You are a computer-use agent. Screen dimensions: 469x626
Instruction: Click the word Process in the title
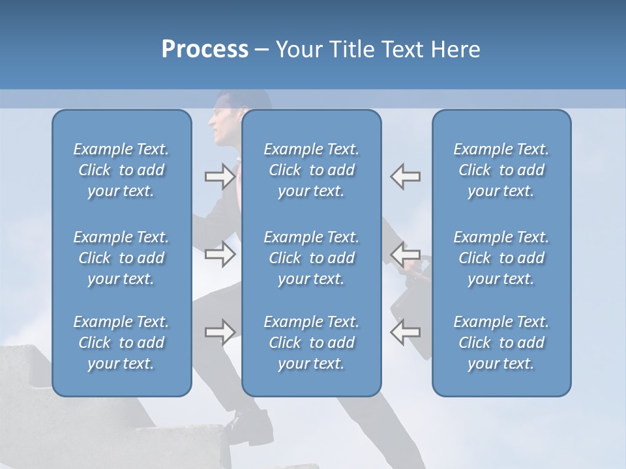[x=205, y=50]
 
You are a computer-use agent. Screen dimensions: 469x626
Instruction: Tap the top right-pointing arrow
[x=220, y=177]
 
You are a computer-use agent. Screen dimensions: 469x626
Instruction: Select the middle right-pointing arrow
[x=220, y=253]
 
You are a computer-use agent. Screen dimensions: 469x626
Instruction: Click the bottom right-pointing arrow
[x=220, y=332]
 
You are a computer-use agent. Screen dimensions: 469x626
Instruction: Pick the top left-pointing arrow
[x=406, y=177]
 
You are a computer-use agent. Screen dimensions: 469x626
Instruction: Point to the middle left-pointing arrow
[x=406, y=253]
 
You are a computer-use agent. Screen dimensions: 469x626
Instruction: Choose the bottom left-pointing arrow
[x=406, y=332]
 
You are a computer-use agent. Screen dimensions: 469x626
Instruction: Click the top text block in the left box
[x=121, y=170]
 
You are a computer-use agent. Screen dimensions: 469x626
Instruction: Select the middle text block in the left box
[x=121, y=258]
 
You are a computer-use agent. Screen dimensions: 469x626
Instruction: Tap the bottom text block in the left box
[x=121, y=343]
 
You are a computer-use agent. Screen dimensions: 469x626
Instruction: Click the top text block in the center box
[x=311, y=170]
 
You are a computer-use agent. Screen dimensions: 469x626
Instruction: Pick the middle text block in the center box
[x=311, y=258]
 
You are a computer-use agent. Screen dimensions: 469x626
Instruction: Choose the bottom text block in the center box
[x=311, y=343]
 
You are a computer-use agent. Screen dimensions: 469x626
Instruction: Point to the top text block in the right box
[x=501, y=170]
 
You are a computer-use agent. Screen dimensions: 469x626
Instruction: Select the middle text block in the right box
[x=501, y=258]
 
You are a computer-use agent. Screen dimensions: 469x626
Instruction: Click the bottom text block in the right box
[x=501, y=343]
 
